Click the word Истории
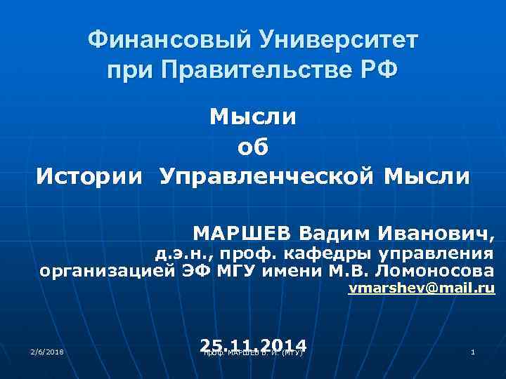92,175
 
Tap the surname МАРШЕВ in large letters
242,232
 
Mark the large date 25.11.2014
253,345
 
